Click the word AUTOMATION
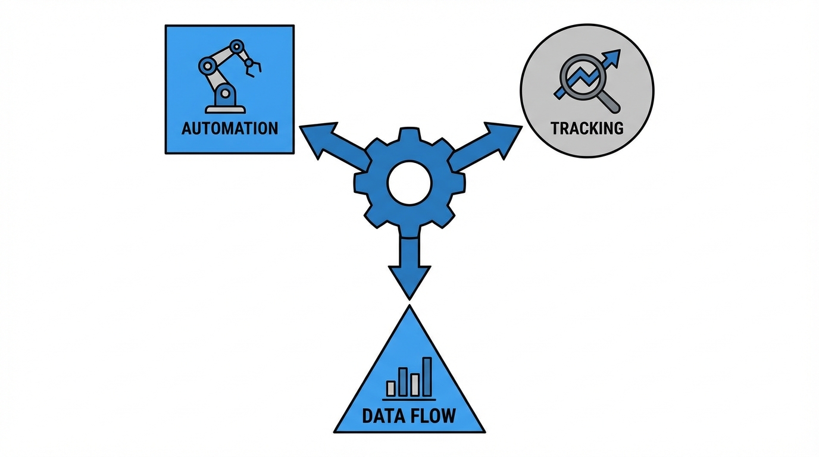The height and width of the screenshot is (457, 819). (x=229, y=128)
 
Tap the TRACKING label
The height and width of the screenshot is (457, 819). (x=586, y=128)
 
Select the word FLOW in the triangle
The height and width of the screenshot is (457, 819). (x=433, y=415)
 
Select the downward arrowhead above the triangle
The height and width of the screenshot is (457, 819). (x=409, y=280)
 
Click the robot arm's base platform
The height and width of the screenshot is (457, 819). (x=225, y=108)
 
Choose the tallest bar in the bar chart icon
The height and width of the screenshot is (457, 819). (x=427, y=377)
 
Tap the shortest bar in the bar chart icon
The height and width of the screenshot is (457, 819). (x=391, y=388)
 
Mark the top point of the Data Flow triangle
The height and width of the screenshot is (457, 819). (x=409, y=307)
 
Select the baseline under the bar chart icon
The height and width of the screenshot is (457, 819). (x=409, y=399)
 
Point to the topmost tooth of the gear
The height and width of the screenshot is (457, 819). (x=409, y=134)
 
